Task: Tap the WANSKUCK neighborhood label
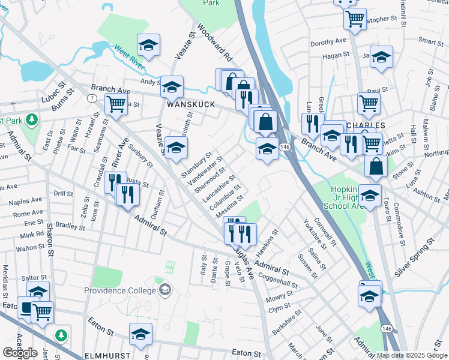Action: [187, 104]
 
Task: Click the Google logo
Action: [20, 353]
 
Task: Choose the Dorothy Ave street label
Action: [328, 43]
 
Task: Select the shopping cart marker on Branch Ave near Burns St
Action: [116, 104]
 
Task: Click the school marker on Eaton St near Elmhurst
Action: [140, 334]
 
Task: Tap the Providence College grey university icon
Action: [164, 291]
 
